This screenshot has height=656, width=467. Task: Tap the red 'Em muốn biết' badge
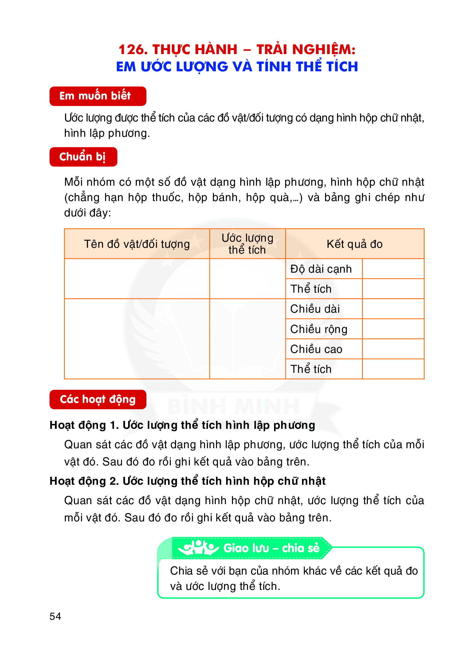coord(98,96)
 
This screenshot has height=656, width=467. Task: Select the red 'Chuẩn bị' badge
coord(83,157)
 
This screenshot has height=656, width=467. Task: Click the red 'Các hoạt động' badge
coord(98,399)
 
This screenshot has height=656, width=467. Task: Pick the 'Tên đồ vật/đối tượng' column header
coord(137,244)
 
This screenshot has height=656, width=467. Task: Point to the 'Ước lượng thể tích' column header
coord(247,244)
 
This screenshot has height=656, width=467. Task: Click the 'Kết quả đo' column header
coord(355,244)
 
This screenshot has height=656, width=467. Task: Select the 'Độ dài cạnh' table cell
coord(321,269)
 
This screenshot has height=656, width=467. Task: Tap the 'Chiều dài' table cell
coord(315,309)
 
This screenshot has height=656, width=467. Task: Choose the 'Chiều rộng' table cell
coord(319,329)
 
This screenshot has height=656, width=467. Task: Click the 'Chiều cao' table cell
coord(316,349)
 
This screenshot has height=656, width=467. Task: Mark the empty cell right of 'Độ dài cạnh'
coord(393,269)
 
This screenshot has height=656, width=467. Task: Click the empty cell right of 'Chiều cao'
coord(393,349)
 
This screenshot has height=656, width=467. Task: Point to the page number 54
coord(55,616)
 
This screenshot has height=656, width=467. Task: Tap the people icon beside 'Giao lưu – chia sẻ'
coord(198,548)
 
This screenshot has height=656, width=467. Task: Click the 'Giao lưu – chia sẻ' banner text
coord(272,548)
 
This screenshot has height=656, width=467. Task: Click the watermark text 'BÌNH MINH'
coord(233,406)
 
